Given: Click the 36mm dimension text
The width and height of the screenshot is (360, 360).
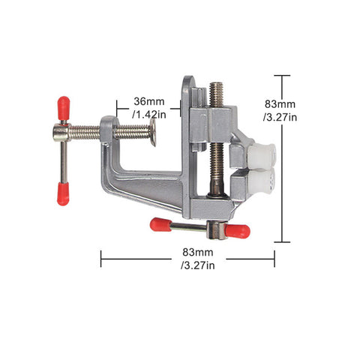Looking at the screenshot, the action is pyautogui.click(x=149, y=101).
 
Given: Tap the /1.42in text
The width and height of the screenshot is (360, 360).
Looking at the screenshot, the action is pyautogui.click(x=149, y=115).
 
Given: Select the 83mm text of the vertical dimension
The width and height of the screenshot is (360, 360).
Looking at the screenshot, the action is pyautogui.click(x=280, y=104).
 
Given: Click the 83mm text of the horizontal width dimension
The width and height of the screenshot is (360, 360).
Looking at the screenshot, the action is pyautogui.click(x=198, y=252).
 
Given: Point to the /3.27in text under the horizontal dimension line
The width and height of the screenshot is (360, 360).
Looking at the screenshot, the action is pyautogui.click(x=198, y=265).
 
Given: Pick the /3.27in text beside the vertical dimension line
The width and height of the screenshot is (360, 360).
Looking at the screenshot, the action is pyautogui.click(x=280, y=117).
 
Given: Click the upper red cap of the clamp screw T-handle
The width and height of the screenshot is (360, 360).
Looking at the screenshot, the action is pyautogui.click(x=64, y=108).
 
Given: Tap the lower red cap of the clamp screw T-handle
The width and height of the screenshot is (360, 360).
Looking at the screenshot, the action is pyautogui.click(x=63, y=194).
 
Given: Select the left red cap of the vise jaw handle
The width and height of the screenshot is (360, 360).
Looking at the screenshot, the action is pyautogui.click(x=160, y=224).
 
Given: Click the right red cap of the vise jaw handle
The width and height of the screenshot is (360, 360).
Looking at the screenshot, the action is pyautogui.click(x=237, y=231).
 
